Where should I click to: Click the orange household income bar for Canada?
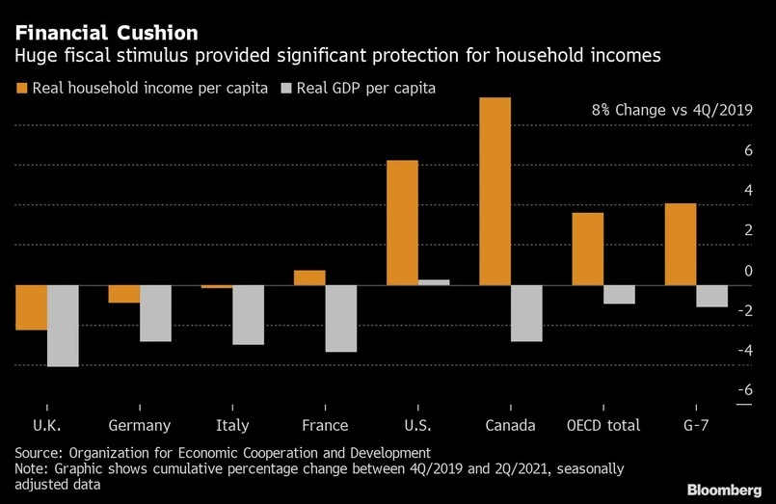coord(495,191)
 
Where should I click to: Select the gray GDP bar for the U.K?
coord(63,326)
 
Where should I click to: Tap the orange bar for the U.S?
coord(402,223)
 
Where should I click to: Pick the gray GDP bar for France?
coord(340,318)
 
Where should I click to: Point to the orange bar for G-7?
coord(681,244)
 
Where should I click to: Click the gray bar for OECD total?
coord(619,294)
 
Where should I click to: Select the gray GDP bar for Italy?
coord(248,315)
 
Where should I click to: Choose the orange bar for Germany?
coord(123,294)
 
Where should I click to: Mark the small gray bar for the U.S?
coord(433,282)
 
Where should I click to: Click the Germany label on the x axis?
coord(140,425)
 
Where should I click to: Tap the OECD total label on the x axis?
coord(602,425)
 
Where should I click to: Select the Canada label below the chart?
coord(510,425)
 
